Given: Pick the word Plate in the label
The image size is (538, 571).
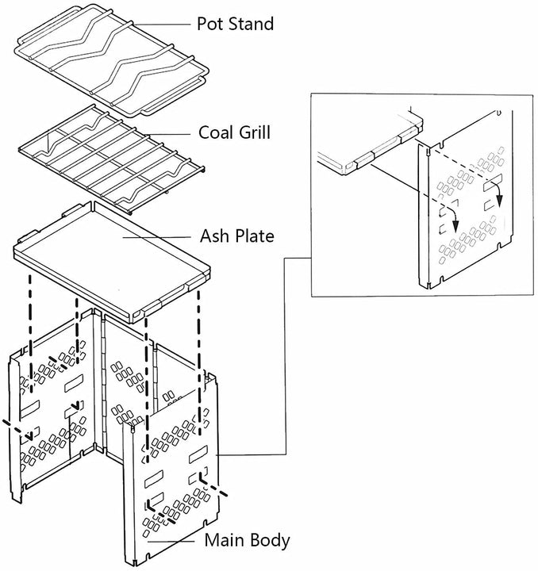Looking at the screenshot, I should pyautogui.click(x=254, y=236).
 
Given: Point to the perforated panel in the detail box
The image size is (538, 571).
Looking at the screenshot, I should pyautogui.click(x=468, y=230).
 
